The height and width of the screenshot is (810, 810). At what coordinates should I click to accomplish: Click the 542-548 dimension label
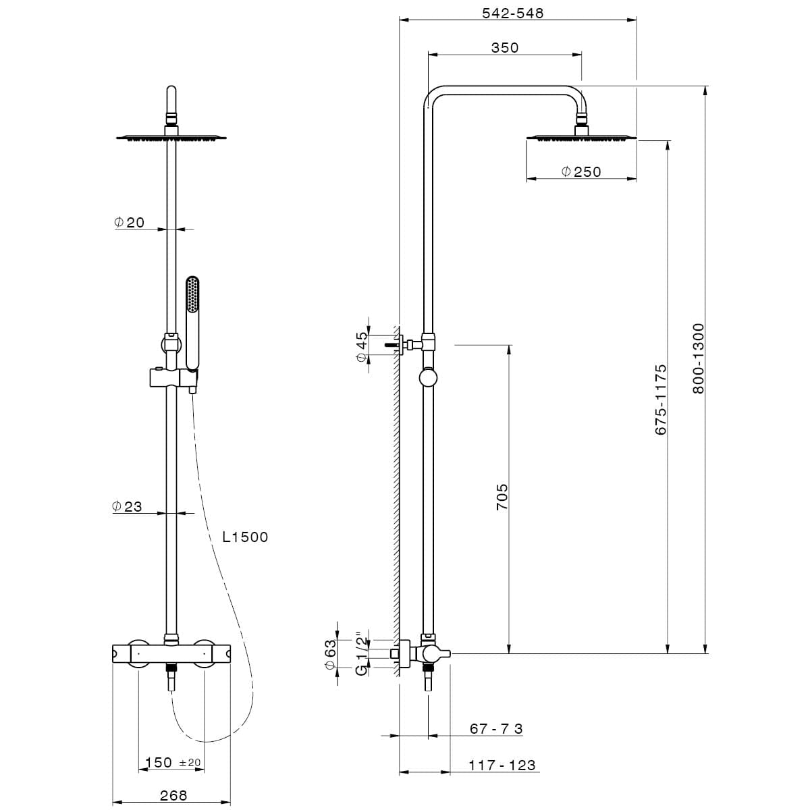point(512,13)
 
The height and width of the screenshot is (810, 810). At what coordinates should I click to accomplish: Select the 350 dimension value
point(505,47)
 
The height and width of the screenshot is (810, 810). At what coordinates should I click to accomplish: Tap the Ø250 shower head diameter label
point(581,171)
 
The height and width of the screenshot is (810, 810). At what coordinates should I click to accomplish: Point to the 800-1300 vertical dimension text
point(698,358)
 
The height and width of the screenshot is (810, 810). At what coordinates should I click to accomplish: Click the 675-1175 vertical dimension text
point(661,400)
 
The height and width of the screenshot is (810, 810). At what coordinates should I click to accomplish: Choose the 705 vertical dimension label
point(502,497)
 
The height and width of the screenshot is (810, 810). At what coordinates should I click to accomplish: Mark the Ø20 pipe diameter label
point(129,222)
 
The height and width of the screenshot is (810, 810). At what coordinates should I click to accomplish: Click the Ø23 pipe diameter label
point(127,506)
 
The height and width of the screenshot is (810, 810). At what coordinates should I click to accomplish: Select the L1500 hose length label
point(245,537)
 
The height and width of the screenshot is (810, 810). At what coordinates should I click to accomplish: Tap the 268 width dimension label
point(173,796)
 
